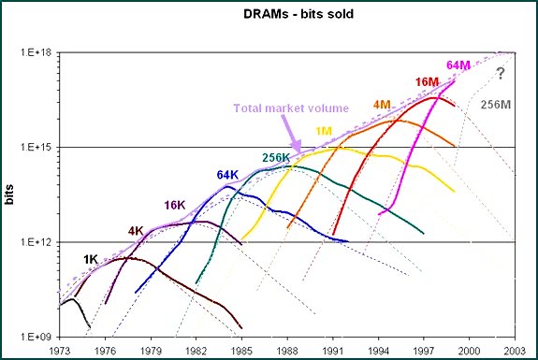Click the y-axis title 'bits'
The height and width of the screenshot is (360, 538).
pos(12,194)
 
